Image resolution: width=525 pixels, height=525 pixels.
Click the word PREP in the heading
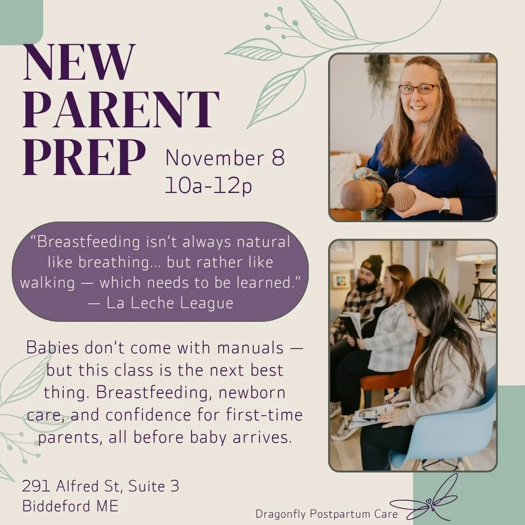(x=84, y=158)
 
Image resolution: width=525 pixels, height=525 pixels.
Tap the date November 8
(x=225, y=158)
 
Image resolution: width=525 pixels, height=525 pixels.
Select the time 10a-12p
(x=209, y=186)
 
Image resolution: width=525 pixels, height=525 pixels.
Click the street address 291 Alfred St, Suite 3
(x=101, y=486)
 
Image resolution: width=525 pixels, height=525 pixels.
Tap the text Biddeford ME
(x=70, y=506)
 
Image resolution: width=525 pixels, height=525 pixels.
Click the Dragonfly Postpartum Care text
(x=327, y=514)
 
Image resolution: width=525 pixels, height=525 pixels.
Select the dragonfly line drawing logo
(x=428, y=501)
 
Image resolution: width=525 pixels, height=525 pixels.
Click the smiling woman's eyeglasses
(x=418, y=89)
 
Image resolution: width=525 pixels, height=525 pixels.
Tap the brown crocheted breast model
(x=401, y=197)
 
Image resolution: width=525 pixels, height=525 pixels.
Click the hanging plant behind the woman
(x=379, y=73)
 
